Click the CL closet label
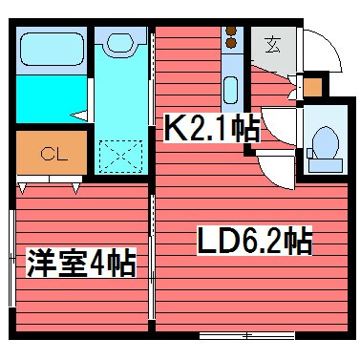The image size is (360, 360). [52, 153]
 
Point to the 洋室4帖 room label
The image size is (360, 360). [80, 260]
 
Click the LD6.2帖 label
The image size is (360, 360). [254, 241]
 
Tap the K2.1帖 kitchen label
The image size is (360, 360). [211, 129]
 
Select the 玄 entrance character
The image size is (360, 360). [273, 43]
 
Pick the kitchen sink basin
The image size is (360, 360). [230, 91]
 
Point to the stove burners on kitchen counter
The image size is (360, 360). [230, 39]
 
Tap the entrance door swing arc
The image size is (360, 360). [320, 48]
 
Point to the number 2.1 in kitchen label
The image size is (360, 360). [212, 129]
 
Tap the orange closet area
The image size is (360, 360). [52, 153]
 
